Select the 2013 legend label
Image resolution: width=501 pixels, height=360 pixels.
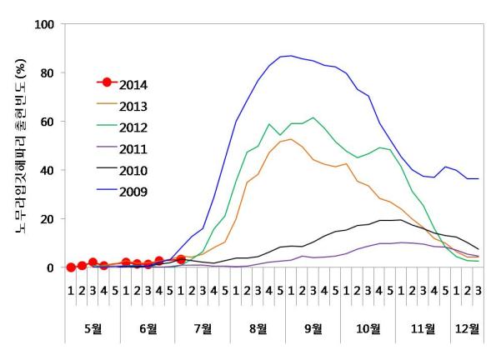[133, 106]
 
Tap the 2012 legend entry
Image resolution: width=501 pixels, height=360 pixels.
[133, 127]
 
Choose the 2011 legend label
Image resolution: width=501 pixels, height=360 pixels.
[133, 149]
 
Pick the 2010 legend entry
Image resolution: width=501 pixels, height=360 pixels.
[133, 171]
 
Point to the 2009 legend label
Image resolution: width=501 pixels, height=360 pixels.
[133, 192]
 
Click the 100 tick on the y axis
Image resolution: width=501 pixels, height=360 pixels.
[43, 24]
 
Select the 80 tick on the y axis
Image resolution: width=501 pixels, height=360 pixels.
[47, 72]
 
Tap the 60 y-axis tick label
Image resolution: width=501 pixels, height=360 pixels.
[47, 122]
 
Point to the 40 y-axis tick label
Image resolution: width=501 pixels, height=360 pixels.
[47, 170]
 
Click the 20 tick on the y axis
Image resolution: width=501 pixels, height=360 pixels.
[47, 218]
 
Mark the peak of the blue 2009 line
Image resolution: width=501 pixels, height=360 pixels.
[290, 56]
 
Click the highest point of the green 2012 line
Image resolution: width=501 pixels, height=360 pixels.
[313, 117]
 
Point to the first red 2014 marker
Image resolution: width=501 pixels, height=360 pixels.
[71, 267]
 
